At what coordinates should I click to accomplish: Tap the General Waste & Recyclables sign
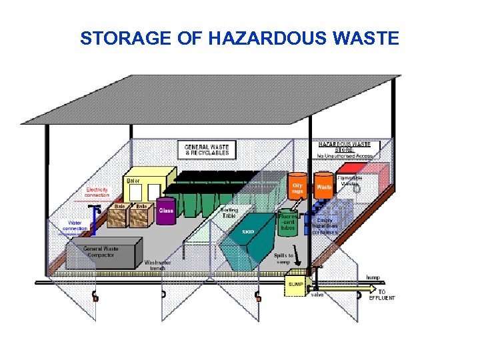coord(207,149)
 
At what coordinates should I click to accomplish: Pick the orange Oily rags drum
coord(297,188)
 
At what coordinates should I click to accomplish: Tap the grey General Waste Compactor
coord(101,253)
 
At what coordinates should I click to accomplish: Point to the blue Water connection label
coord(75,225)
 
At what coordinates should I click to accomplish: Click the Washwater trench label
coord(159,264)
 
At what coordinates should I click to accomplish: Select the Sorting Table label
coord(229,213)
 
